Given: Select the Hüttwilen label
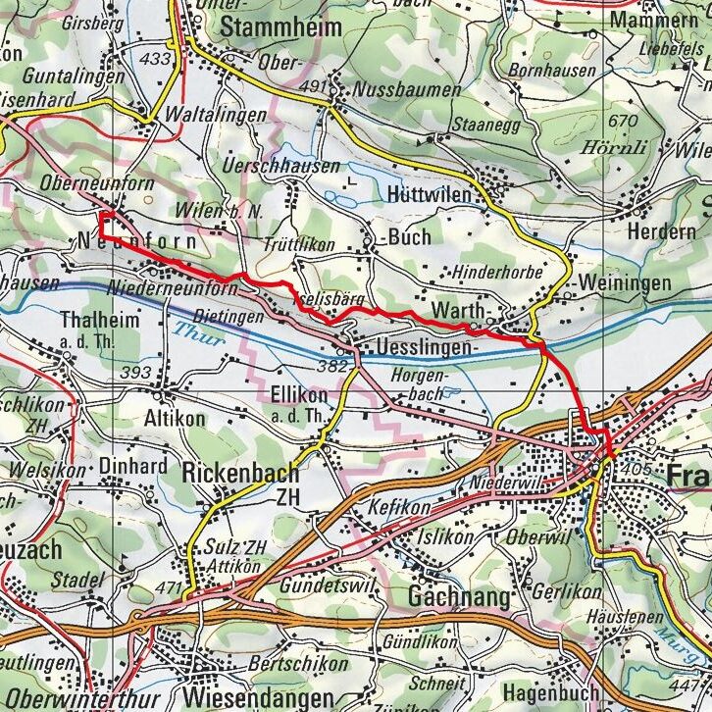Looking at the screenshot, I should (430, 193).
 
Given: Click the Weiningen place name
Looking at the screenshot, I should (625, 282).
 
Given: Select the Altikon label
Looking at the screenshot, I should (174, 419).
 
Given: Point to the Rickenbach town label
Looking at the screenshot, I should (240, 473).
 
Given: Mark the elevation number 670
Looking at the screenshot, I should (622, 121).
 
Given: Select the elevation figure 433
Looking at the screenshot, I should (155, 59).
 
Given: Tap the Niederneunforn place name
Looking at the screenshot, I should (174, 289).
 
